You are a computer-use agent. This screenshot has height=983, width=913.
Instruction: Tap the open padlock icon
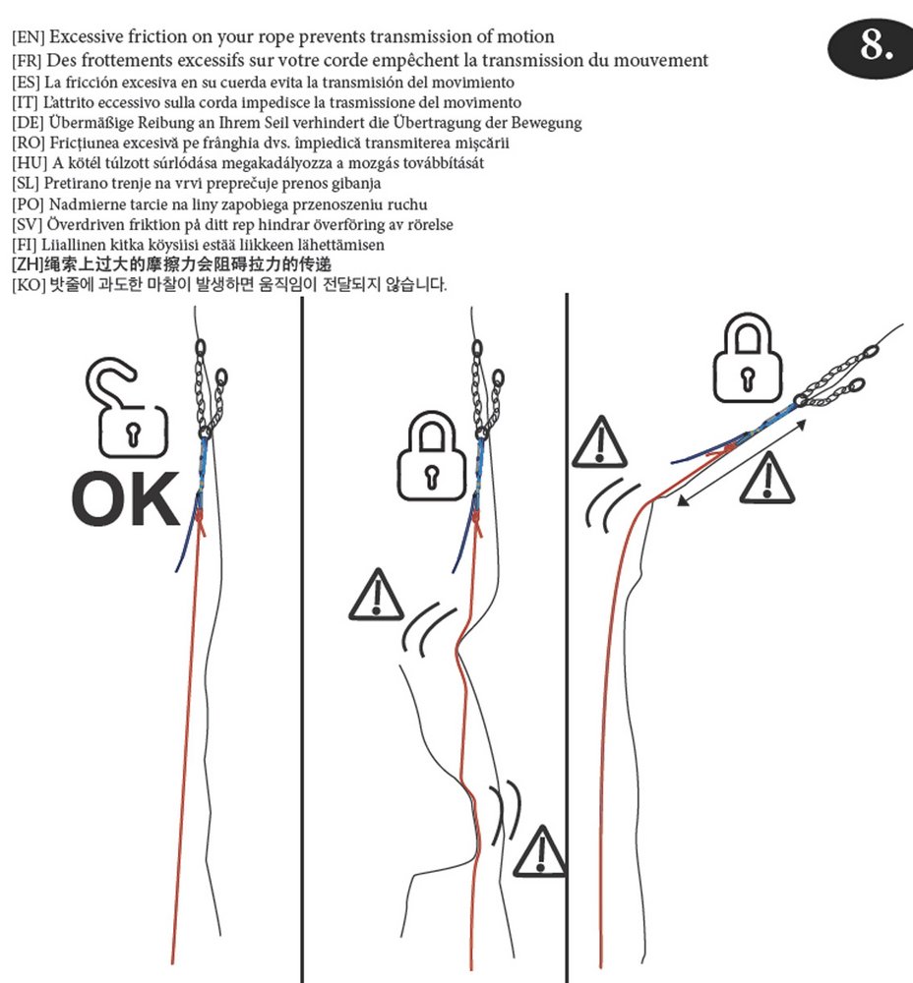point(128,403)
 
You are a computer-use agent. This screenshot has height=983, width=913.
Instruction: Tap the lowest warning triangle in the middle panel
point(540,851)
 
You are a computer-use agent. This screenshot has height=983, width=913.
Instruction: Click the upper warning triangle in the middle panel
point(376,595)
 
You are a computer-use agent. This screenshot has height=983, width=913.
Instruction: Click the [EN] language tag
point(28,38)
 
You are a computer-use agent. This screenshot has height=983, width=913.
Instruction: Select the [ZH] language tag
point(27,265)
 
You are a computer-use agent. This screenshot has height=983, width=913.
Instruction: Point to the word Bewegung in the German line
point(546,123)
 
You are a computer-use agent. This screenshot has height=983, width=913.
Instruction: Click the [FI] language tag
point(26,245)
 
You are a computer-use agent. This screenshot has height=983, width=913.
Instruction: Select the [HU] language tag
point(28,163)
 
